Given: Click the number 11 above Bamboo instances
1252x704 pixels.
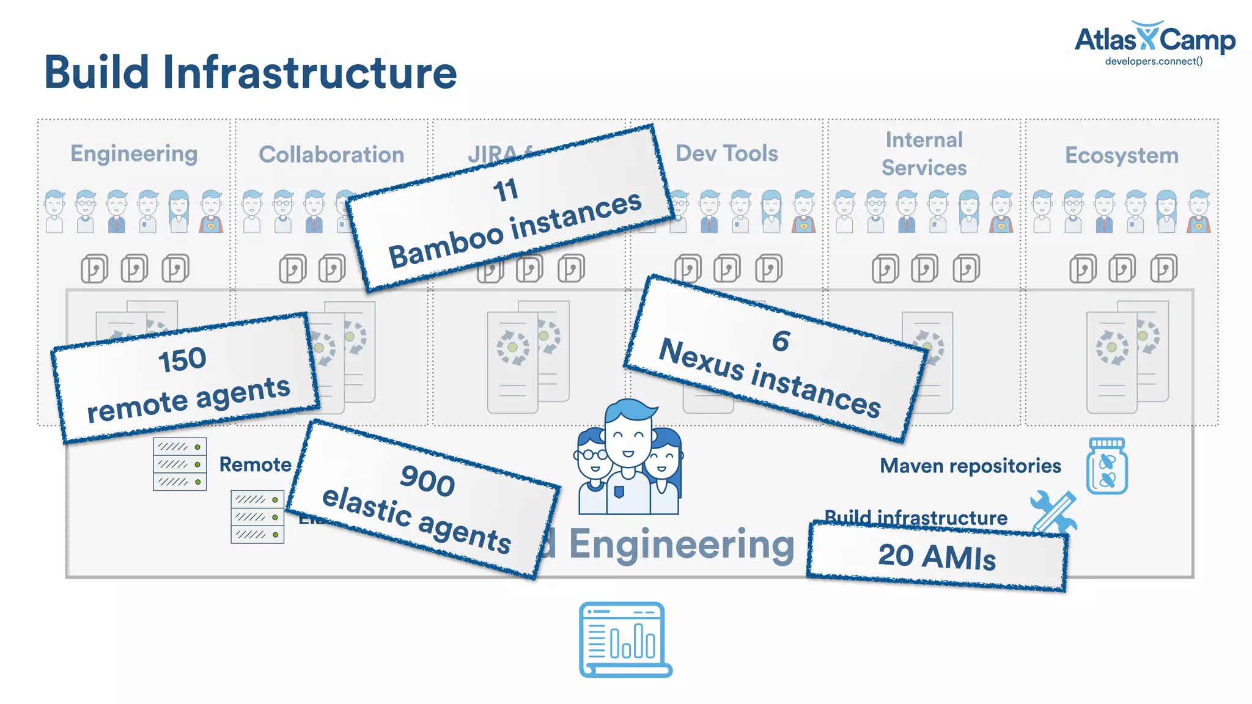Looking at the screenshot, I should click(506, 190).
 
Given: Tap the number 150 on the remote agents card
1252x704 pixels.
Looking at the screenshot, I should click(182, 359).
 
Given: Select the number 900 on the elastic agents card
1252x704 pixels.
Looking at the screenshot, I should click(427, 480).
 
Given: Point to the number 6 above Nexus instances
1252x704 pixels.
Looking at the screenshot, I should click(781, 341).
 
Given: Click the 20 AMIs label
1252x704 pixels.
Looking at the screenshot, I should click(937, 557).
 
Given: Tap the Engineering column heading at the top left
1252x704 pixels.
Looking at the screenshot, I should click(134, 153).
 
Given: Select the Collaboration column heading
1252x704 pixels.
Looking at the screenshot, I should click(331, 155).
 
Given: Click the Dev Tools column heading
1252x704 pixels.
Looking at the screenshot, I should click(726, 153).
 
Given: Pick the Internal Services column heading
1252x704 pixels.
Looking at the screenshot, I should click(924, 153).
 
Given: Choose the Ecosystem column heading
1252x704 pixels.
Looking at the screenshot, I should click(1121, 155).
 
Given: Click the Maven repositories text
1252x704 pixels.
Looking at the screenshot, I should click(970, 466).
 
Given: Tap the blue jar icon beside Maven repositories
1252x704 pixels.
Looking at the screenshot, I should click(1107, 466).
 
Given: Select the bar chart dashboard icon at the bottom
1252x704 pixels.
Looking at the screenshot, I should click(625, 639).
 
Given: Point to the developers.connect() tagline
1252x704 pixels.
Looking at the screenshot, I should click(1154, 61).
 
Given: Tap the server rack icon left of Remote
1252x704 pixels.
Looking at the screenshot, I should click(180, 464).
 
